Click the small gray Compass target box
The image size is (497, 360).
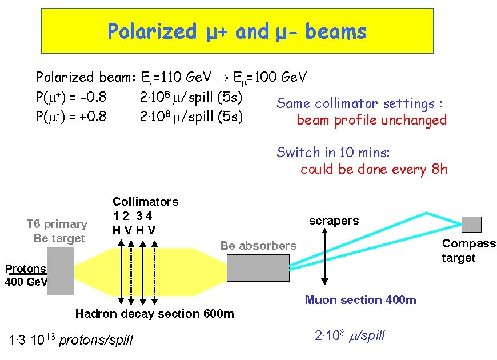[471, 224]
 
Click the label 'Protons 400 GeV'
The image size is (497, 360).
[25, 275]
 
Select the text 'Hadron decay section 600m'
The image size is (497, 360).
[155, 314]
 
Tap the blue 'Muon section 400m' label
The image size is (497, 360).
[360, 300]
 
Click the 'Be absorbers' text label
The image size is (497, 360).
[259, 246]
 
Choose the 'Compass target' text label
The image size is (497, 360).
[469, 250]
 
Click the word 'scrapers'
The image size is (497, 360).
[334, 221]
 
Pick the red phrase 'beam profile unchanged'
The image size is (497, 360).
[371, 120]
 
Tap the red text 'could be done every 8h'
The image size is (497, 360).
[374, 169]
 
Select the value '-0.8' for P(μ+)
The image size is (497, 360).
[93, 96]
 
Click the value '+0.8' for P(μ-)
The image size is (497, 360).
[93, 117]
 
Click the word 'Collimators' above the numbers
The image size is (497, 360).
[146, 202]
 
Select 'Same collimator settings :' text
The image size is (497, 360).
[360, 103]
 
